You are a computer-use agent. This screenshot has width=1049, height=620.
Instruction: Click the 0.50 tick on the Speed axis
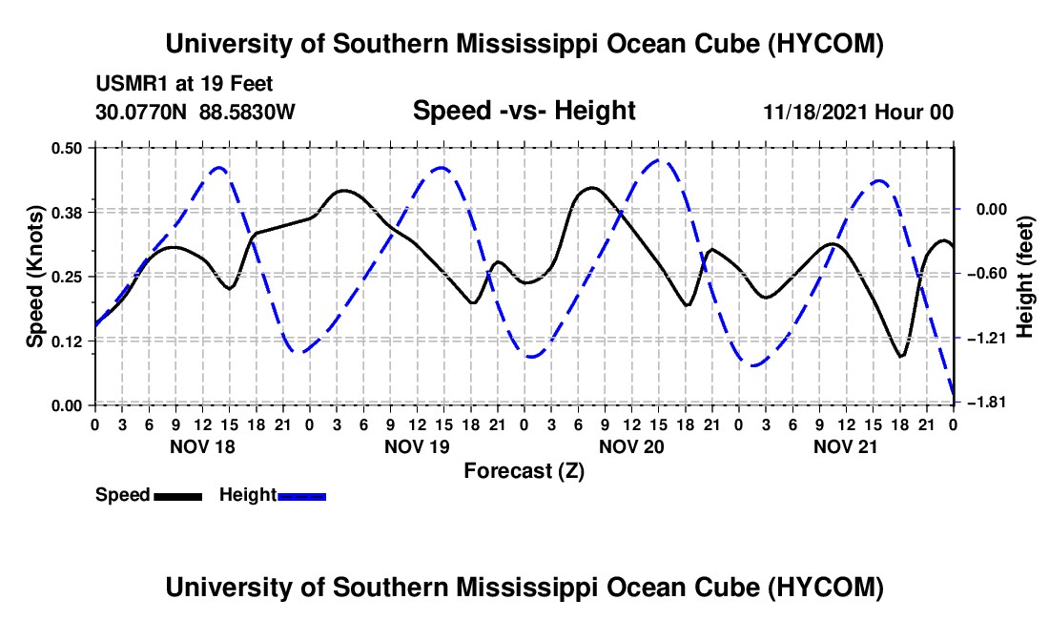tap(66, 148)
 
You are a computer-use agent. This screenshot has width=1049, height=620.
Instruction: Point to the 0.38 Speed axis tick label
tap(66, 213)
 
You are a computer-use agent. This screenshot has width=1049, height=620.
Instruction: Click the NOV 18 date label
tap(203, 446)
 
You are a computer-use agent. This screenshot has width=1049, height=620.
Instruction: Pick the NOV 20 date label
tap(631, 446)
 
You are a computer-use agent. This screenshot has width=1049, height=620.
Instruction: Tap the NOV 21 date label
tap(845, 446)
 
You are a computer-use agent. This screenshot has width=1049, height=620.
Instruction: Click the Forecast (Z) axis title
tap(524, 471)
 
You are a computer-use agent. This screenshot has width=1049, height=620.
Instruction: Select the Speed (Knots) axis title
tap(34, 277)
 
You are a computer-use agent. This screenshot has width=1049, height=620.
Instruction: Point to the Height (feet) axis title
tap(1025, 277)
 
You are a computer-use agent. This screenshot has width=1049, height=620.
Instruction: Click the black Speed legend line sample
tap(178, 497)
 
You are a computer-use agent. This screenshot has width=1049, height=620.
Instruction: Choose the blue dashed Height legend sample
tap(301, 497)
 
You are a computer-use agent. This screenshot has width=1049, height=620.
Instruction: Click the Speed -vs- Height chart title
tap(524, 111)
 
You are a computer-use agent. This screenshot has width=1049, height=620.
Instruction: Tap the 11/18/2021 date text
tap(814, 112)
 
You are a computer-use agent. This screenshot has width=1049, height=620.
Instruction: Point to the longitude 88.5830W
tap(247, 112)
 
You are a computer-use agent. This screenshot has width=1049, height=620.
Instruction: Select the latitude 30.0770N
tap(141, 112)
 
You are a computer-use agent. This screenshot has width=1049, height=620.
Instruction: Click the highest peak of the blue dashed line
tap(658, 160)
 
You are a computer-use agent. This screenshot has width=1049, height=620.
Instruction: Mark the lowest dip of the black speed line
tap(901, 357)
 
